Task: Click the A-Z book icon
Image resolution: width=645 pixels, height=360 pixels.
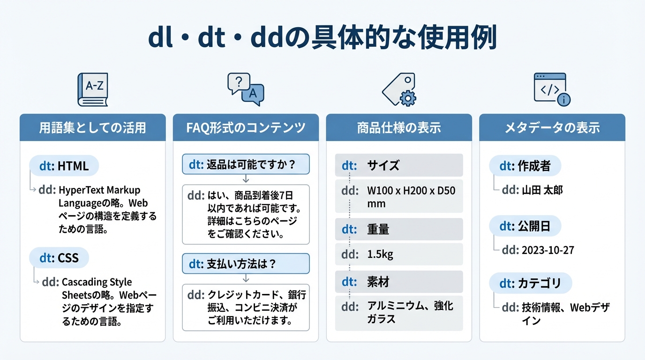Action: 92,89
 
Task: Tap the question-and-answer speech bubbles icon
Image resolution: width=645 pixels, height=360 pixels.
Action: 245,88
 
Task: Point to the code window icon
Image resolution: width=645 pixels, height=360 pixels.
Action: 552,89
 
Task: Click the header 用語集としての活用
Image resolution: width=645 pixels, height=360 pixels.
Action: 92,127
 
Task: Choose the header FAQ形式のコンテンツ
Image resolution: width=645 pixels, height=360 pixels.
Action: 246,127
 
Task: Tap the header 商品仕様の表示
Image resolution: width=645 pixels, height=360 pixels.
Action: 399,127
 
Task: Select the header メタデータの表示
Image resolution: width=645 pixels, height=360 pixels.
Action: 552,127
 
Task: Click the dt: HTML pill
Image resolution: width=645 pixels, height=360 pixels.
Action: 64,165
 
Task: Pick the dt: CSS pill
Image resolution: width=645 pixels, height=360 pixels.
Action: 59,258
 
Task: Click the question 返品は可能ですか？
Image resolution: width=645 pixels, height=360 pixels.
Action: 246,164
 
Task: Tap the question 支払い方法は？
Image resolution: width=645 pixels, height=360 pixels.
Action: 246,264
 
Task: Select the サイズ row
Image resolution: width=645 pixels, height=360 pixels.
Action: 399,165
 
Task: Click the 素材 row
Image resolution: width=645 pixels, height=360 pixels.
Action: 399,282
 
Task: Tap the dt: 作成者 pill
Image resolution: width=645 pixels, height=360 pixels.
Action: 525,165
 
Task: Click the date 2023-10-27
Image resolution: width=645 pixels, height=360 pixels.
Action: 547,250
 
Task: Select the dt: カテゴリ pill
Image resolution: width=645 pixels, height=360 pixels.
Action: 531,283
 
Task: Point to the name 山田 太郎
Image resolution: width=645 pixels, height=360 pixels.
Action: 542,190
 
